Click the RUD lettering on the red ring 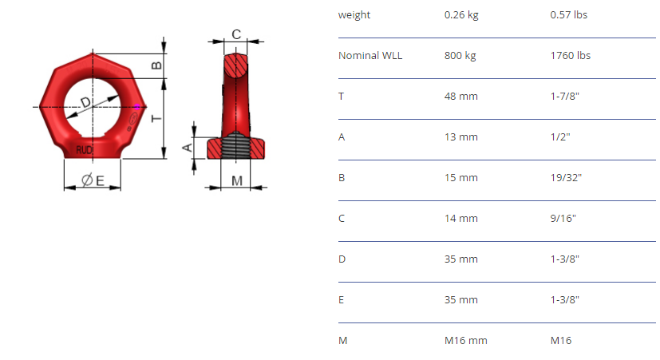(x=84, y=150)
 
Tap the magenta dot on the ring (x=137, y=107)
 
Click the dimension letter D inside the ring (x=85, y=102)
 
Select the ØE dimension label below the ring (x=93, y=180)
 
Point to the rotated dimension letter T (x=156, y=118)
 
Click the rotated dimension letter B (x=156, y=65)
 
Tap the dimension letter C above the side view (x=236, y=34)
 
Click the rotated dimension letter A (x=187, y=148)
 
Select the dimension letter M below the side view (x=237, y=181)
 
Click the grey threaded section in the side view (x=235, y=144)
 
